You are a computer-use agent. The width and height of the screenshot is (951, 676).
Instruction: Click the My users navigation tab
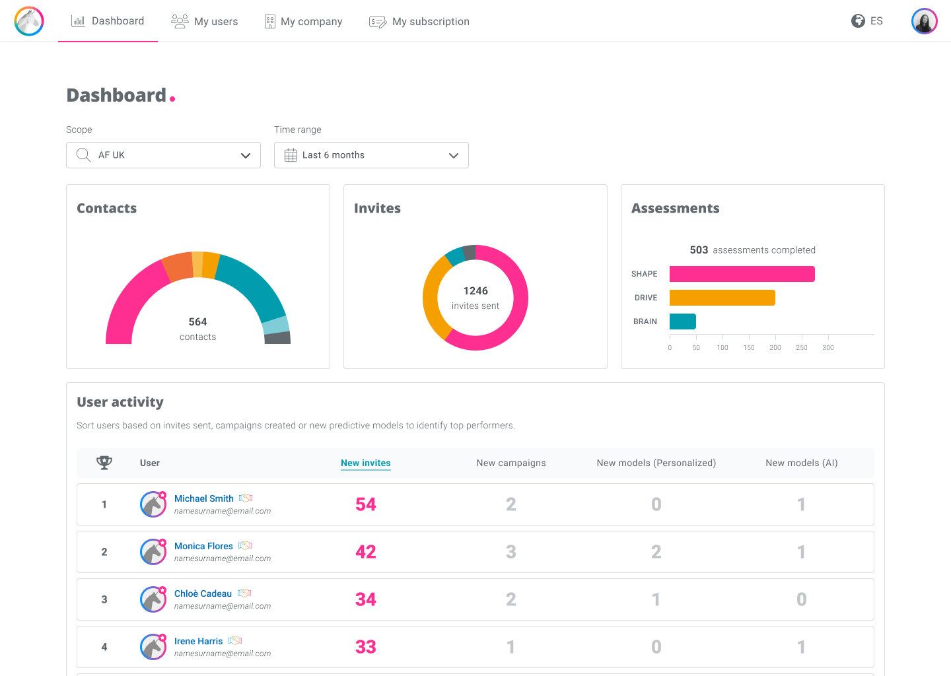(x=204, y=21)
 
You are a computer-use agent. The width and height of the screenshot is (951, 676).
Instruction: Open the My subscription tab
(x=419, y=21)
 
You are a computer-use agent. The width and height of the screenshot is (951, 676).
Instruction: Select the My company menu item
(x=303, y=21)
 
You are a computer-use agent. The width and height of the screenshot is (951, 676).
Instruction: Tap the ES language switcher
(x=867, y=20)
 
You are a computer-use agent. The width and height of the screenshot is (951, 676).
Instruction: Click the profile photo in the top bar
(x=925, y=20)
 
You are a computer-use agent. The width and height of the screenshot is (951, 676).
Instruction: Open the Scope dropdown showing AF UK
(x=164, y=155)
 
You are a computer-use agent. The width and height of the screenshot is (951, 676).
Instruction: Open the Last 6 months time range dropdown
(x=371, y=155)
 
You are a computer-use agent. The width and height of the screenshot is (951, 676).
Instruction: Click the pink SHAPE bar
(x=742, y=274)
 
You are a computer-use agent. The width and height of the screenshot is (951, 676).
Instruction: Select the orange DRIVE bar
(x=722, y=298)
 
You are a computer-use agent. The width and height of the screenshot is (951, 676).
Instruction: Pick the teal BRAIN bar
(x=683, y=321)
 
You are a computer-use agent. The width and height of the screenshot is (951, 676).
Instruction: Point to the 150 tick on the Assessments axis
(x=749, y=347)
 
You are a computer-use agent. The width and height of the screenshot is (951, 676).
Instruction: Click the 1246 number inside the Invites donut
(x=475, y=291)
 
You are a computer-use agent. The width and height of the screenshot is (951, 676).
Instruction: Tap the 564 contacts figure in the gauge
(x=198, y=322)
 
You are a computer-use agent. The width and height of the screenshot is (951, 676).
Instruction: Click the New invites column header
(x=366, y=463)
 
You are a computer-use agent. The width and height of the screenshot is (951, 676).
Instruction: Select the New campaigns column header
(x=511, y=463)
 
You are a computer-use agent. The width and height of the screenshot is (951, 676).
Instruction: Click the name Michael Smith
(x=204, y=498)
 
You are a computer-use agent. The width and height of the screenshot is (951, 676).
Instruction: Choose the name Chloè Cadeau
(x=203, y=593)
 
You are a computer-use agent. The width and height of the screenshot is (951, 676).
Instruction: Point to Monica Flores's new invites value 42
(x=366, y=552)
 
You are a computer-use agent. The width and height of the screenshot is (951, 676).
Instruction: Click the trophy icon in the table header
(x=104, y=463)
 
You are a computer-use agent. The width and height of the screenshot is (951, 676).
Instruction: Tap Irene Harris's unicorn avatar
(x=153, y=647)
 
